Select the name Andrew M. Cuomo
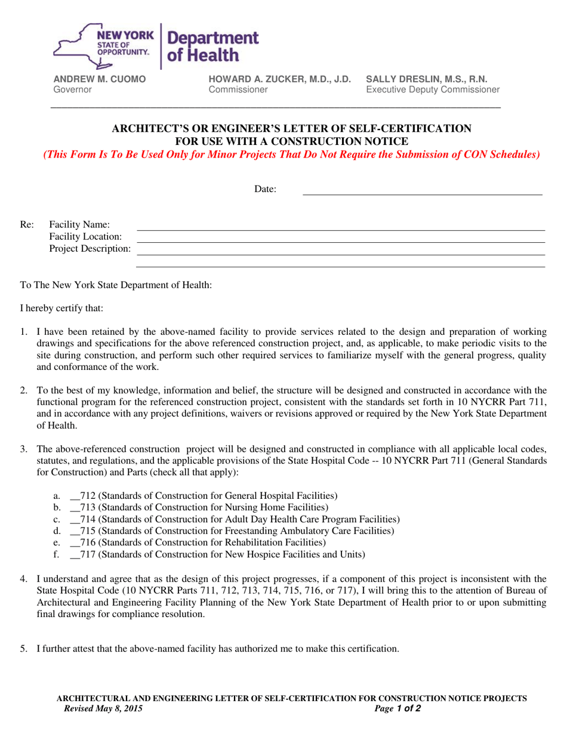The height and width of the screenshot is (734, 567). click(x=100, y=79)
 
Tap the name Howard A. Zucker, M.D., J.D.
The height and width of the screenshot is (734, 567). click(x=279, y=79)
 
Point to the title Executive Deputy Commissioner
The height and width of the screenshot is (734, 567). click(x=432, y=90)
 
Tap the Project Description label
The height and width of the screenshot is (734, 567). click(x=90, y=248)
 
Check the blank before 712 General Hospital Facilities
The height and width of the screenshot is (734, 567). click(x=75, y=496)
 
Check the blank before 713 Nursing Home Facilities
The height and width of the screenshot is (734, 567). click(x=75, y=508)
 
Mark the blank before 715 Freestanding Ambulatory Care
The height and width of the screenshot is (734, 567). click(x=75, y=531)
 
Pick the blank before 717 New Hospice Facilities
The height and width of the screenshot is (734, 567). click(x=75, y=554)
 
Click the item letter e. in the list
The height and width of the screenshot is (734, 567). click(x=57, y=542)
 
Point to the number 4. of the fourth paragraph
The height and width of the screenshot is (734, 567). click(x=24, y=578)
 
